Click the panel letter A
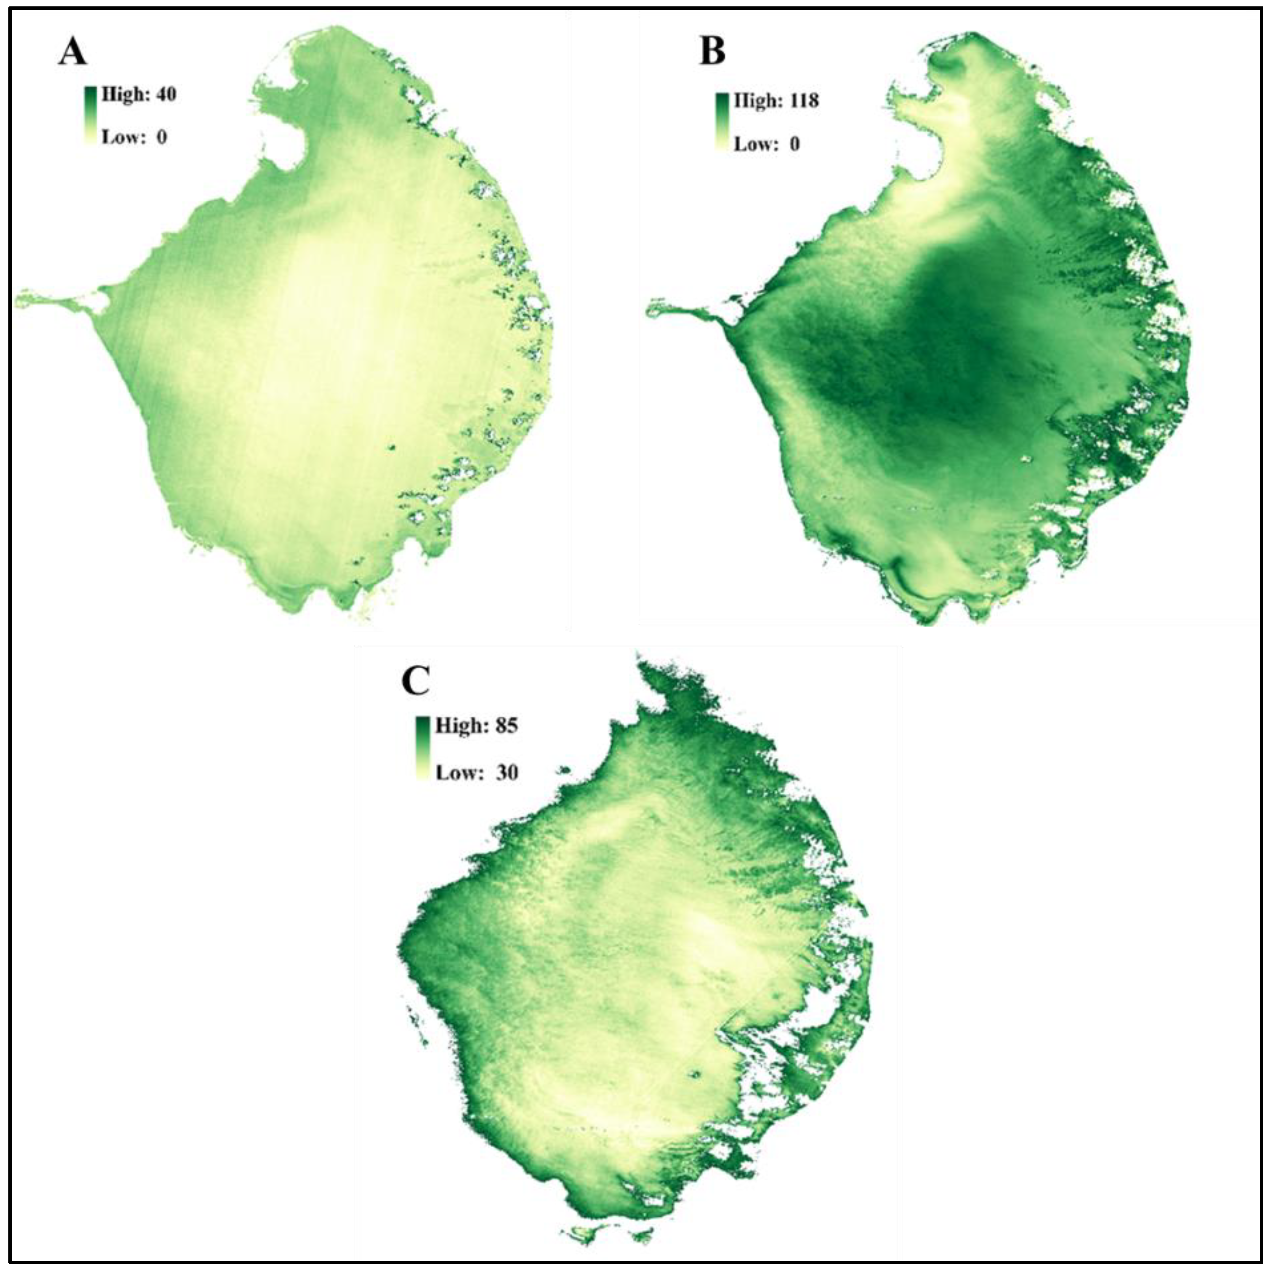pos(72,51)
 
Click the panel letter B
pos(712,51)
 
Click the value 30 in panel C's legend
pos(507,772)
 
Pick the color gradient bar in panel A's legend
pos(91,115)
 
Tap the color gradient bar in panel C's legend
pos(423,748)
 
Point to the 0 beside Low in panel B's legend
pos(795,144)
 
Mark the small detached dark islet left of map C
pos(564,770)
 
